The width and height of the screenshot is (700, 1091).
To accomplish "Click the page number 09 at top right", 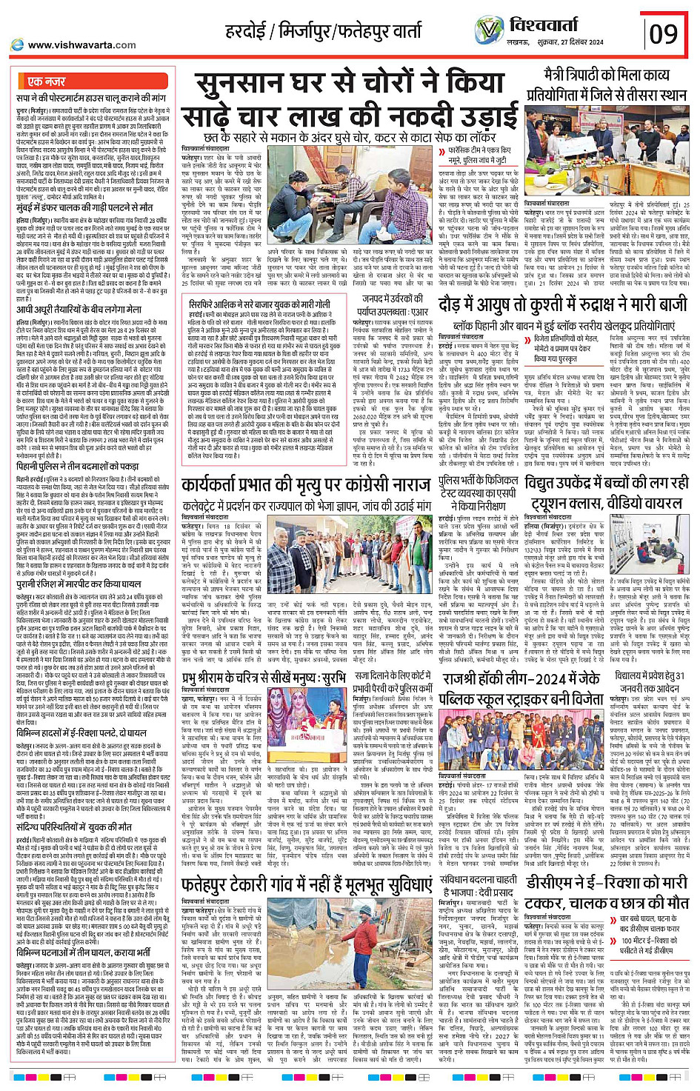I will click(x=664, y=33).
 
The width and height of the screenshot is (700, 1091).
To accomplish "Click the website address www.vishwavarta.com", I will click(x=81, y=44).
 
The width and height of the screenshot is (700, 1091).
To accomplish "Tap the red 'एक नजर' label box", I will click(x=46, y=81).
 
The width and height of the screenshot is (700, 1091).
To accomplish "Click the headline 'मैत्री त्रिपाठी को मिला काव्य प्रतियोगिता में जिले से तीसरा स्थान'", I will click(x=606, y=85).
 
